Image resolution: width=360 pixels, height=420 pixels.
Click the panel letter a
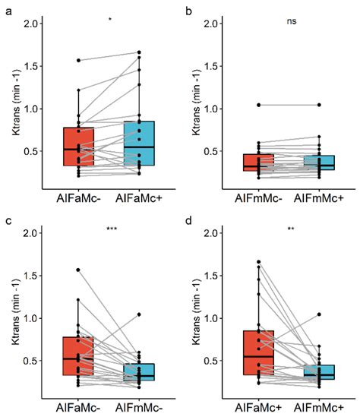pos(8,9)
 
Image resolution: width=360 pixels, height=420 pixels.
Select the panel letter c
pos(8,219)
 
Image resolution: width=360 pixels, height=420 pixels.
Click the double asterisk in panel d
pos(292,229)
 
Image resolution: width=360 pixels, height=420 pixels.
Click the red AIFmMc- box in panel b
pos(259,163)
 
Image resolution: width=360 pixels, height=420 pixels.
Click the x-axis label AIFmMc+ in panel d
pos(320,407)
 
